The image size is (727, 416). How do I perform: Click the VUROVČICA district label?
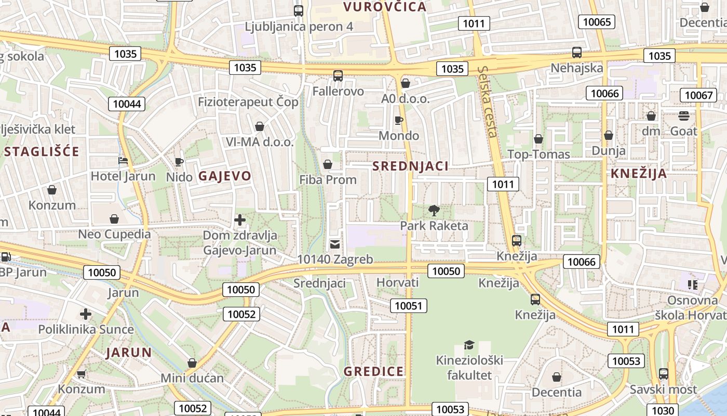point(385,7)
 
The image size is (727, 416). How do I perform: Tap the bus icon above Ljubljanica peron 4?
point(299,10)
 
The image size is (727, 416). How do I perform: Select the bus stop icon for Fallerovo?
point(338,75)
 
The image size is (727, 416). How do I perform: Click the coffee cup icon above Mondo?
point(398,120)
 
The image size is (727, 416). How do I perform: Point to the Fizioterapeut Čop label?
point(248,101)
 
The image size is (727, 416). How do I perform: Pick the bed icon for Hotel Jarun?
point(123,161)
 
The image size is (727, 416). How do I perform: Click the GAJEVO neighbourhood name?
point(225,176)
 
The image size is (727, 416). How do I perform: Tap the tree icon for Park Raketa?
point(434,210)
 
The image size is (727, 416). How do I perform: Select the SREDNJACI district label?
point(410,166)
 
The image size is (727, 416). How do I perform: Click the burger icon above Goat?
point(683,115)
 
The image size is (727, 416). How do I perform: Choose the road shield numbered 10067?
point(698,95)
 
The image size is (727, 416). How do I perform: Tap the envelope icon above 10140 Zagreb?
point(335,243)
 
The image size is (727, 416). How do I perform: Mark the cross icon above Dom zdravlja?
point(239,220)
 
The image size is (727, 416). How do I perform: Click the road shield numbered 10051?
point(409,306)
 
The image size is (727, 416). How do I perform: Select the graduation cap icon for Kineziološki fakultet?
point(469,345)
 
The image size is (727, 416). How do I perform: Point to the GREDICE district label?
point(373,371)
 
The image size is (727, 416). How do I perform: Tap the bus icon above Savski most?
point(663,373)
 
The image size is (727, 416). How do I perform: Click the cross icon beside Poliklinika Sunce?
point(86,314)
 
